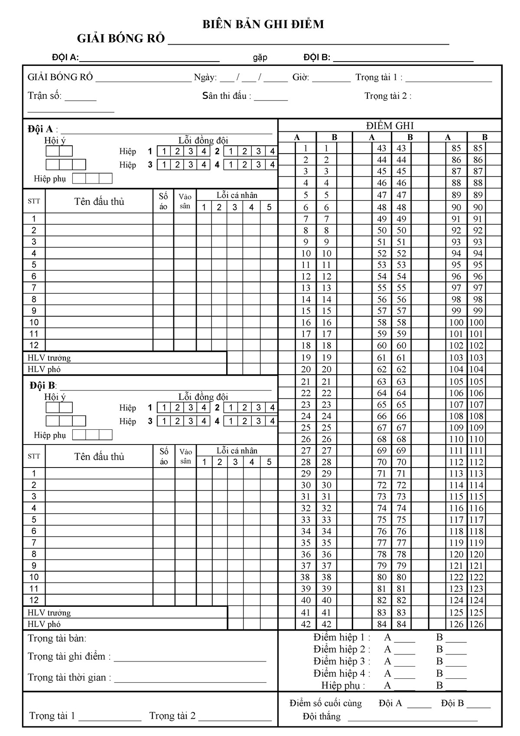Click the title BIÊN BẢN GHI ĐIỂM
[263, 25]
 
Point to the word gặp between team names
[260, 58]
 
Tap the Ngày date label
[205, 78]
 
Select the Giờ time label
[301, 78]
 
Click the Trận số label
[45, 96]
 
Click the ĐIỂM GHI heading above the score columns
[390, 126]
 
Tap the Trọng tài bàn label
[57, 638]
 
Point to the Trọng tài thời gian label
[69, 677]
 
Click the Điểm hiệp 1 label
[341, 638]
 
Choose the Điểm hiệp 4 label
[341, 674]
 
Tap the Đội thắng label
[322, 716]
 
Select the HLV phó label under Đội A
[44, 370]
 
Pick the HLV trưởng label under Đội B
[49, 613]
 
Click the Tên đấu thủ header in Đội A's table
[99, 202]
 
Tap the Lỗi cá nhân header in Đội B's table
[237, 451]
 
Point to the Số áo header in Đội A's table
[163, 201]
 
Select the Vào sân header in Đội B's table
[185, 456]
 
